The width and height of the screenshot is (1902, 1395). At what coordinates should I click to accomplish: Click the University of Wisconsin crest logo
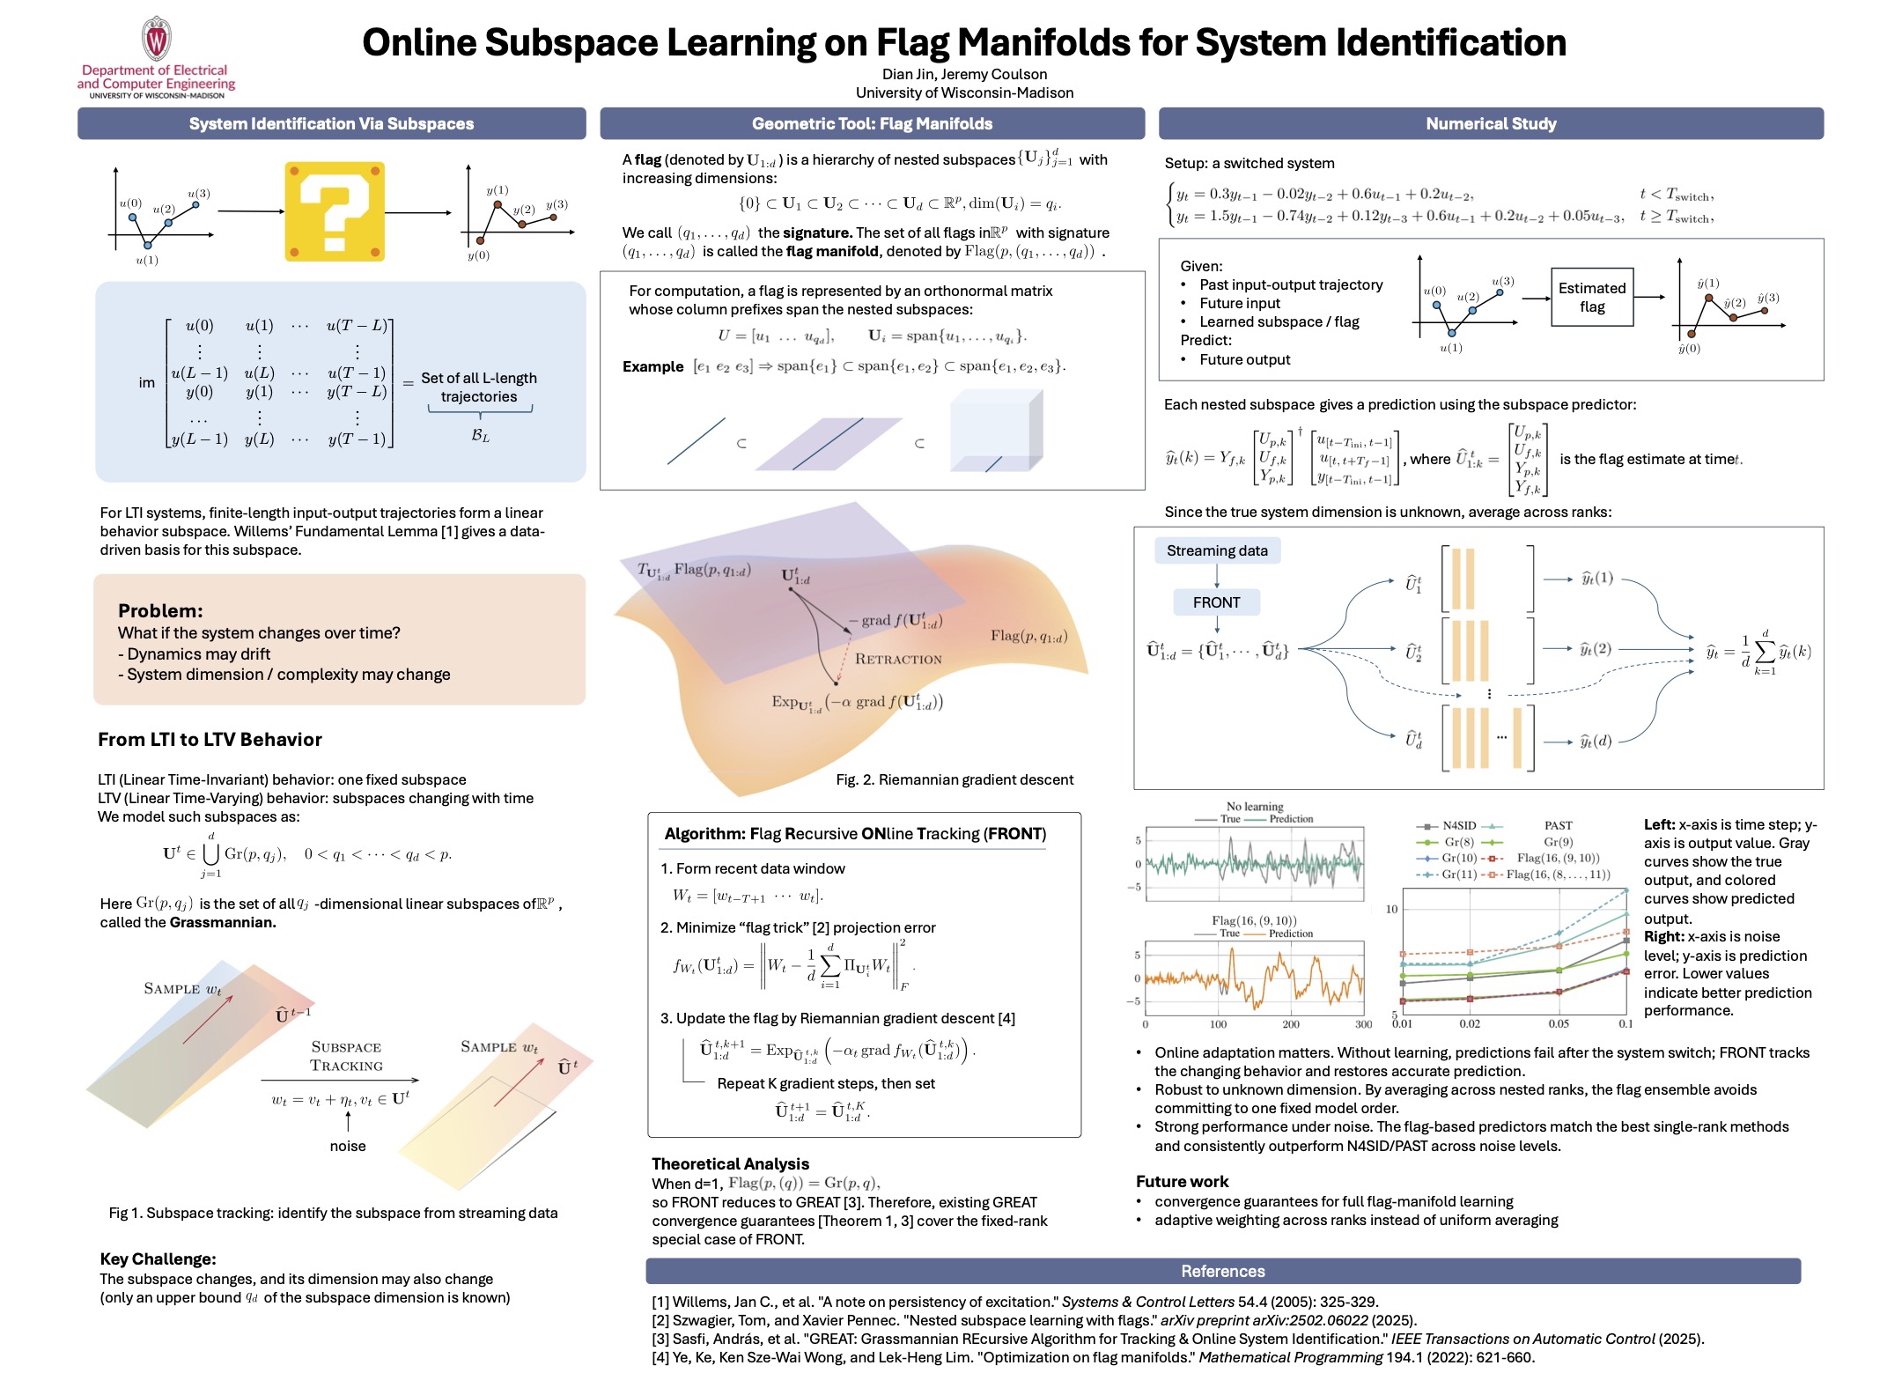pos(156,39)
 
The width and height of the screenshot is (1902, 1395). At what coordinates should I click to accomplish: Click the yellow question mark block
pos(335,211)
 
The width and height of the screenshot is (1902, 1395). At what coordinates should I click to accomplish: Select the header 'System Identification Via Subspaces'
pos(331,124)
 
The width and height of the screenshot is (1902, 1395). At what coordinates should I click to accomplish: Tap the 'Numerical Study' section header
pos(1491,124)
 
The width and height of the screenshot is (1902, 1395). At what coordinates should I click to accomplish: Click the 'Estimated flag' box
pos(1592,298)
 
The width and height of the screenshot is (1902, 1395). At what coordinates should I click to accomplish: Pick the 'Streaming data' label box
pos(1217,550)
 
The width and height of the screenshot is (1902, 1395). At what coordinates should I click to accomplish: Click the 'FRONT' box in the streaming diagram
pos(1216,602)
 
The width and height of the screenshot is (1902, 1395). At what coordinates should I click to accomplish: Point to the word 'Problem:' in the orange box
pos(160,611)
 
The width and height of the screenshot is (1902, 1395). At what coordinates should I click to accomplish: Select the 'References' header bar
pos(1223,1271)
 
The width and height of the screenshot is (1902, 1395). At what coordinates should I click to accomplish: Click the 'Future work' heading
pos(1182,1182)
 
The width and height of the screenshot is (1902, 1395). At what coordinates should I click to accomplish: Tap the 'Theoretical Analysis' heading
pos(730,1163)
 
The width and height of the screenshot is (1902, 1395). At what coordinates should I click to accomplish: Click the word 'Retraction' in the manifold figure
pos(898,659)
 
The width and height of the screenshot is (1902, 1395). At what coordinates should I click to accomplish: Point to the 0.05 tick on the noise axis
pos(1559,1023)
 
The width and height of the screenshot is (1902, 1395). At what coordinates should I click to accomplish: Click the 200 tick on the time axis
pos(1291,1024)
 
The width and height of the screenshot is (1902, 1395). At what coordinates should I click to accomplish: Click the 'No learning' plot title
pos(1255,806)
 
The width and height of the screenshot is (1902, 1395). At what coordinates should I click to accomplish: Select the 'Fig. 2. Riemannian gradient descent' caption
pos(955,779)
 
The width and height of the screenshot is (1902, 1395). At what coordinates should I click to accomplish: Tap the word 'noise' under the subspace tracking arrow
pos(348,1146)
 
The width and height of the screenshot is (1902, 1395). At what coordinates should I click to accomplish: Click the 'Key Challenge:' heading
pos(158,1259)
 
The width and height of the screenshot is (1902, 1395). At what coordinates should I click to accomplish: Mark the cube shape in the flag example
pos(997,431)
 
